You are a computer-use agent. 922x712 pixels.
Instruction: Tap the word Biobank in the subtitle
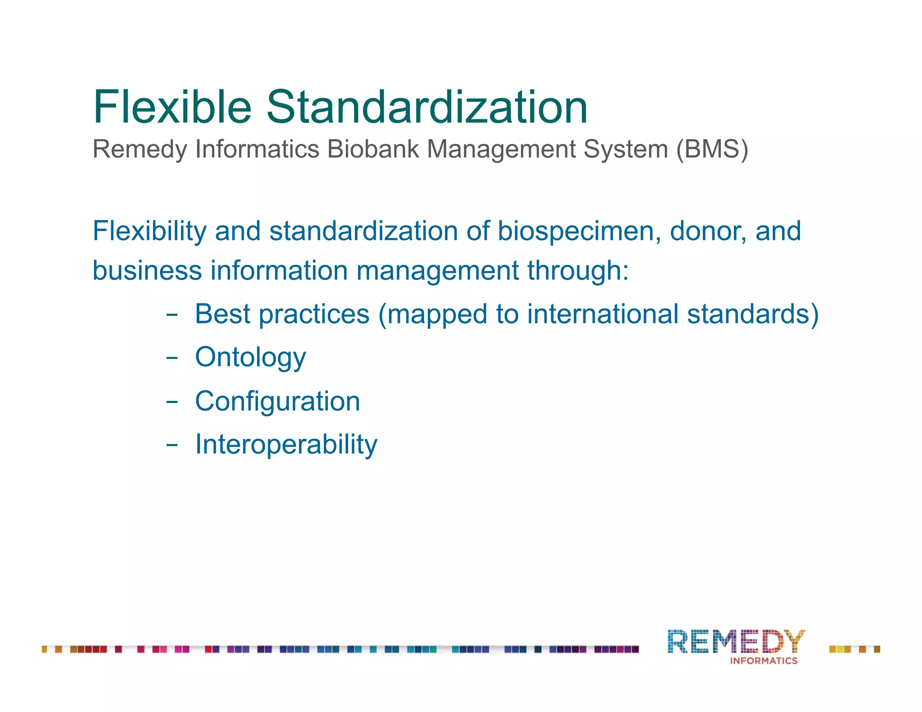click(x=373, y=149)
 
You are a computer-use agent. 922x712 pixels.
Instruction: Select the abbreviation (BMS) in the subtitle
click(x=712, y=149)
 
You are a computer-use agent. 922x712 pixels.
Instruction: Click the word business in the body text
click(x=147, y=270)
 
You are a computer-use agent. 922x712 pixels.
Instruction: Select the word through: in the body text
click(x=578, y=271)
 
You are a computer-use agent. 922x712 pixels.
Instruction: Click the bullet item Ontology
click(x=250, y=358)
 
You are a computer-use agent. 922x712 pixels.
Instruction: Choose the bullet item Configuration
click(x=277, y=401)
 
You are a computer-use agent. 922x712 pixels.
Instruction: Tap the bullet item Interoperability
click(x=286, y=445)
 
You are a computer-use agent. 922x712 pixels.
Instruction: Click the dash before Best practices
click(x=172, y=315)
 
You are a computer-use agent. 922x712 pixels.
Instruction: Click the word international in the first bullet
click(x=602, y=314)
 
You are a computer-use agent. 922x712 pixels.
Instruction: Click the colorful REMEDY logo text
click(x=736, y=641)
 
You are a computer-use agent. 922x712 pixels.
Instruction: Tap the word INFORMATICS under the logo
click(x=764, y=661)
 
